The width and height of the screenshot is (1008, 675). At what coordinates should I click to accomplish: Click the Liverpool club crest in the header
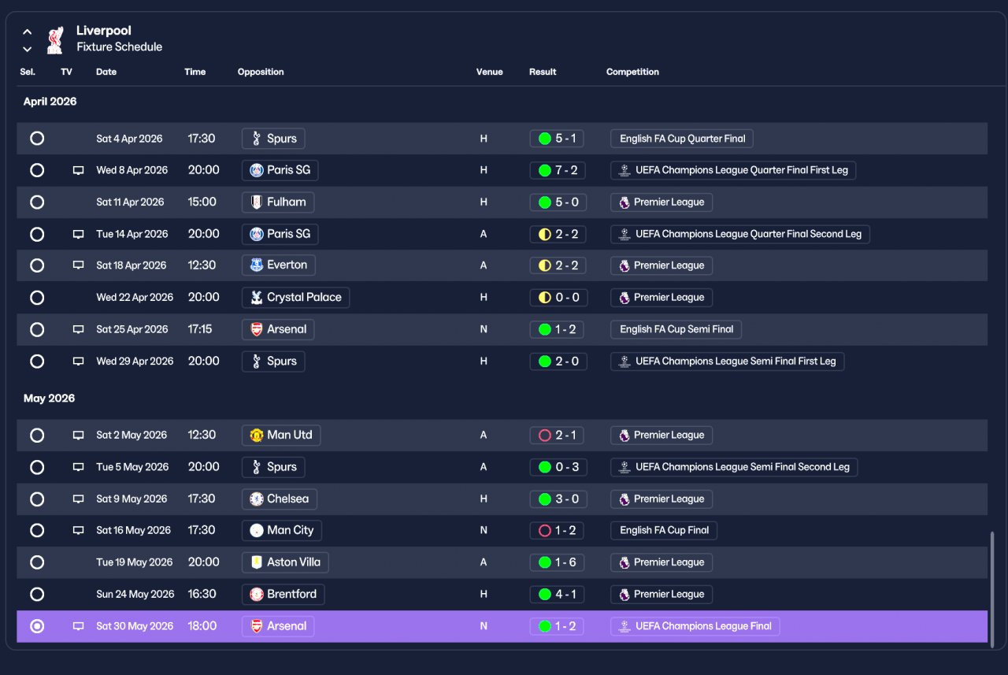tap(55, 40)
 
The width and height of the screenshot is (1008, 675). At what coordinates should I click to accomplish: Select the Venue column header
tap(489, 72)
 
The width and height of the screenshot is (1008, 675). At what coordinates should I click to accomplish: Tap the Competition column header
tap(632, 72)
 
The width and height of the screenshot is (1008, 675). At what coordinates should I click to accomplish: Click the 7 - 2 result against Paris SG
tap(558, 170)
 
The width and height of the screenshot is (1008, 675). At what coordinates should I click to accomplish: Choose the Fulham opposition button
tap(278, 202)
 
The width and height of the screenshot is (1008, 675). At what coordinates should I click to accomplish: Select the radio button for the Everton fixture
tap(37, 265)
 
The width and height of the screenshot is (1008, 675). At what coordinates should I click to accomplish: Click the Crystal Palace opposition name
tap(304, 298)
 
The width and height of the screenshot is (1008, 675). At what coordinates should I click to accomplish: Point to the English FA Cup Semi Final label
tap(676, 329)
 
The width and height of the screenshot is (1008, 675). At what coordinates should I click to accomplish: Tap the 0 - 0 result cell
tap(558, 298)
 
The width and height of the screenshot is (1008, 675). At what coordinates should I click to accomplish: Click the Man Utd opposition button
tap(281, 435)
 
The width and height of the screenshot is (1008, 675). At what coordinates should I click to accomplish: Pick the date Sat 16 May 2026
tap(133, 531)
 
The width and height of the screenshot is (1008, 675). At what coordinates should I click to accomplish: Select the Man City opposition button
tap(282, 531)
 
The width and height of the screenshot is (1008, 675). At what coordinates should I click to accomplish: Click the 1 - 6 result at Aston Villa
tap(557, 562)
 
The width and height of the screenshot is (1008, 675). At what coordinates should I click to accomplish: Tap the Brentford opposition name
tap(291, 594)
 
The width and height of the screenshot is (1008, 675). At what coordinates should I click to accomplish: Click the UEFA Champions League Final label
tap(695, 626)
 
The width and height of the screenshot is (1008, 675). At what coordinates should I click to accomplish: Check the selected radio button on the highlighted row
tap(37, 626)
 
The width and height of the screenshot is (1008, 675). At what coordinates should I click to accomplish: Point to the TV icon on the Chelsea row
tap(78, 499)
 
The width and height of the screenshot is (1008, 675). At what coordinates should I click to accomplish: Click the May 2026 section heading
tap(49, 399)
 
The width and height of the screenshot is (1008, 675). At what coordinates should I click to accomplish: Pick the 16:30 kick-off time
tap(202, 594)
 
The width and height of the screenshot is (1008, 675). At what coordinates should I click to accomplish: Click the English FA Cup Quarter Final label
tap(682, 139)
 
